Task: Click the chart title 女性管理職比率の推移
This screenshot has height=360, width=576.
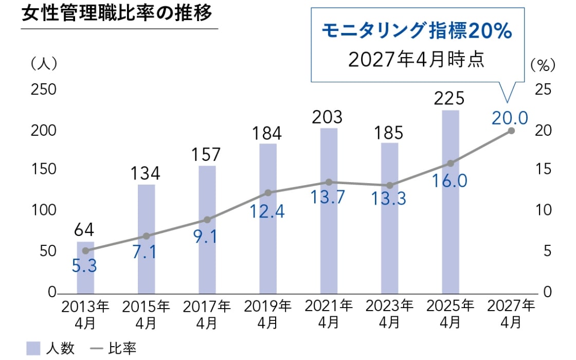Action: pos(117,13)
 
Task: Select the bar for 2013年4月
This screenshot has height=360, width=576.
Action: pos(86,267)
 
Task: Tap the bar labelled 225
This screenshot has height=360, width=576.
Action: pos(450,201)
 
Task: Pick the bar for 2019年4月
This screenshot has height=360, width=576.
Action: pos(268,218)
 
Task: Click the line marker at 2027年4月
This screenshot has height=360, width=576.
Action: pos(511,131)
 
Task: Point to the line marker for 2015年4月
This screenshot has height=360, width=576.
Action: pos(147,236)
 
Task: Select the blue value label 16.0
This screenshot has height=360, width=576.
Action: pos(451,181)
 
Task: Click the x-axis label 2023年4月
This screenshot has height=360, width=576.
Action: pos(389,314)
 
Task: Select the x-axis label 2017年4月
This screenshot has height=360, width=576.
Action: pos(207,314)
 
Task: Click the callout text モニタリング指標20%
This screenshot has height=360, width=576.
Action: pos(417,32)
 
